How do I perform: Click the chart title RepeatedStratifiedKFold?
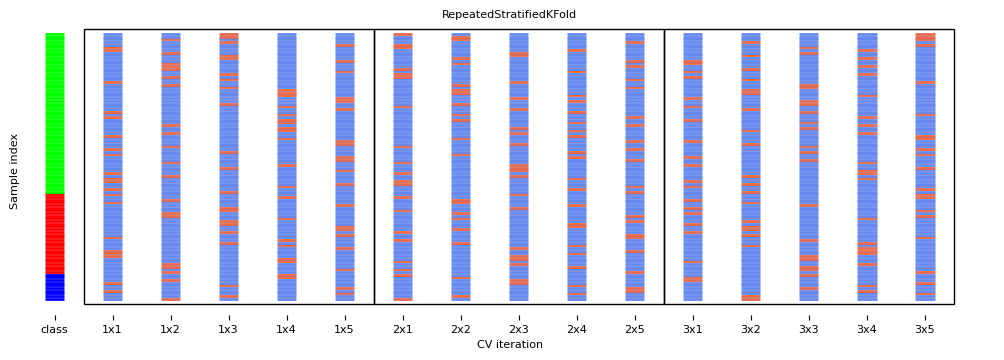[x=509, y=15]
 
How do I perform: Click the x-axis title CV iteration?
[x=509, y=345]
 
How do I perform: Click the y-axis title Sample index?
[x=14, y=171]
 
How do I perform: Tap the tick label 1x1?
[x=112, y=329]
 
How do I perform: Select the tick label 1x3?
[x=228, y=329]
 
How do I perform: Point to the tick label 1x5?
[x=344, y=329]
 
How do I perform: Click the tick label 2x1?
[x=402, y=329]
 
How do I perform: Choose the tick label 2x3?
[x=518, y=329]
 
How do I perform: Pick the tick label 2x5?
[x=634, y=329]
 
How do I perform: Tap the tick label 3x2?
[x=750, y=329]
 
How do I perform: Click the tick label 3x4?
[x=866, y=329]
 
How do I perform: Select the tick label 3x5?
[x=924, y=329]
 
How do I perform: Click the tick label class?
[x=54, y=329]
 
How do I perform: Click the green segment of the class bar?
[x=54, y=113]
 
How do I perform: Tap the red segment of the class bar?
[x=54, y=233]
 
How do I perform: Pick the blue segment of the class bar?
[x=54, y=287]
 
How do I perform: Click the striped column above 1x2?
[x=171, y=167]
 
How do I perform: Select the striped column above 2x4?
[x=577, y=167]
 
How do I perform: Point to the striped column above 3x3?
[x=809, y=167]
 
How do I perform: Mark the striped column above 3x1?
[x=693, y=167]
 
